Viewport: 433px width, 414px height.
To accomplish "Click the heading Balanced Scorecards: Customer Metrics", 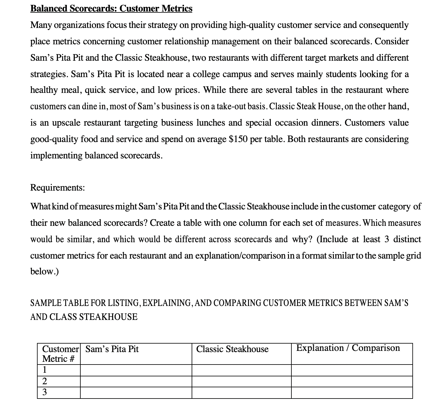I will point(111,8).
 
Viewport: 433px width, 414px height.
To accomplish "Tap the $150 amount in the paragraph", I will point(238,139).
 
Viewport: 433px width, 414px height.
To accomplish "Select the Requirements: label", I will point(58,188).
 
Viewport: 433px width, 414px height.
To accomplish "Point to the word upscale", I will point(67,123).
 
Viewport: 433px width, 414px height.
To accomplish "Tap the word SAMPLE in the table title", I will point(44,303).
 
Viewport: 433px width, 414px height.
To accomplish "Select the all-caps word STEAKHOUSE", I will point(108,317).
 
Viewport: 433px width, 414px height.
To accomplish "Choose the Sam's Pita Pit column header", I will point(112,349).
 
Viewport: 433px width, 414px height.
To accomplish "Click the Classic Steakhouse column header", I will point(232,349).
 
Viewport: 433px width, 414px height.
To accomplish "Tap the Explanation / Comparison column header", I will point(348,348).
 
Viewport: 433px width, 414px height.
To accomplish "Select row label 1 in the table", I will point(45,370).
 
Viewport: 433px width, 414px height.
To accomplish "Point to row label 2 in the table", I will point(45,381).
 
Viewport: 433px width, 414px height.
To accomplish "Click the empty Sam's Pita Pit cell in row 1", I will point(136,370).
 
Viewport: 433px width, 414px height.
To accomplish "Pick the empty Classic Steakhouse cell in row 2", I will point(241,381).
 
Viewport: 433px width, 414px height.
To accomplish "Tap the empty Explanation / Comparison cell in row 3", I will point(352,392).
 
